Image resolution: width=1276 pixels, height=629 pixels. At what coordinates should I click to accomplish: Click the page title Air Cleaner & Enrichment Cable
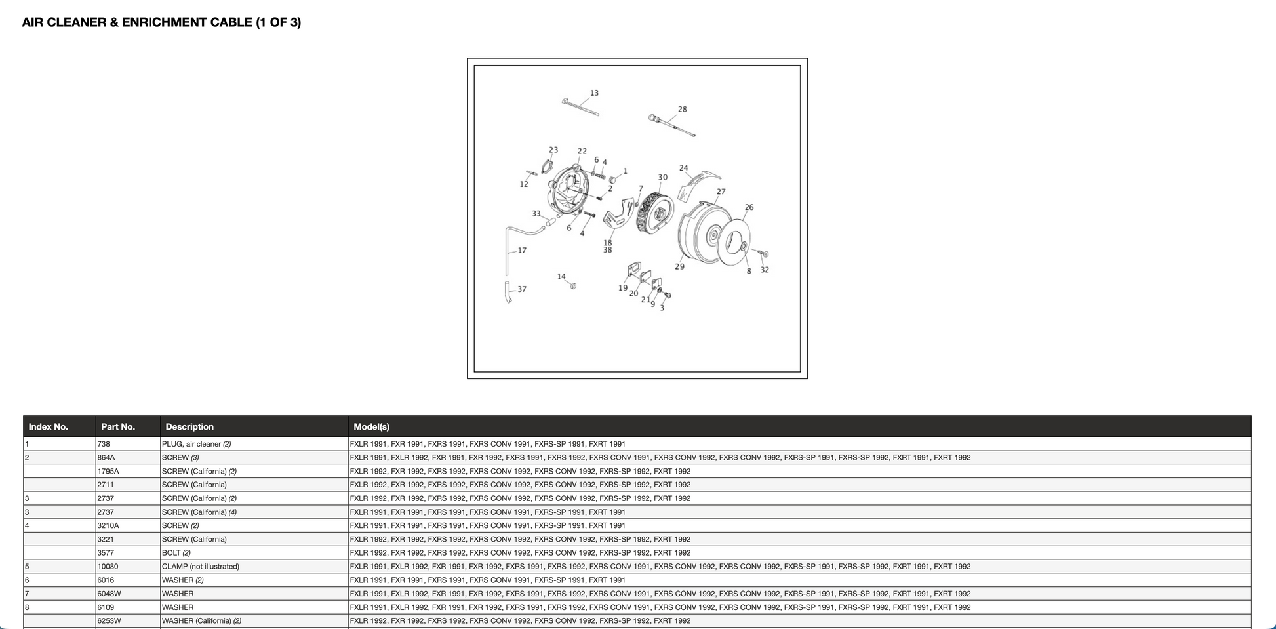point(161,22)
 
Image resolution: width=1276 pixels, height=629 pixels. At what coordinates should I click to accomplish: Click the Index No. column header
point(49,426)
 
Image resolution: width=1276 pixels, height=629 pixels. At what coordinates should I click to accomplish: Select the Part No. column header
point(118,426)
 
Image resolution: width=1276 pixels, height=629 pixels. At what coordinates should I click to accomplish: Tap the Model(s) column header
point(371,426)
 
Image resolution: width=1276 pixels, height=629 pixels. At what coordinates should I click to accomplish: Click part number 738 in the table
point(104,444)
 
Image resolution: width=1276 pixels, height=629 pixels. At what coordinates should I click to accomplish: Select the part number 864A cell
point(106,458)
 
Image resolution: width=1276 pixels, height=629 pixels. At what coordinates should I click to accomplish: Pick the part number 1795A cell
point(108,472)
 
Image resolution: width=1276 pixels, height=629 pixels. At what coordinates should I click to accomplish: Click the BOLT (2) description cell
point(176,553)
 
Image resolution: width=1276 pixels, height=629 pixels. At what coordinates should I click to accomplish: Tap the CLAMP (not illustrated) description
point(201,567)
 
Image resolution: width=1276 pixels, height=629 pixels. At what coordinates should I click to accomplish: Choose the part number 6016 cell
point(106,580)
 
